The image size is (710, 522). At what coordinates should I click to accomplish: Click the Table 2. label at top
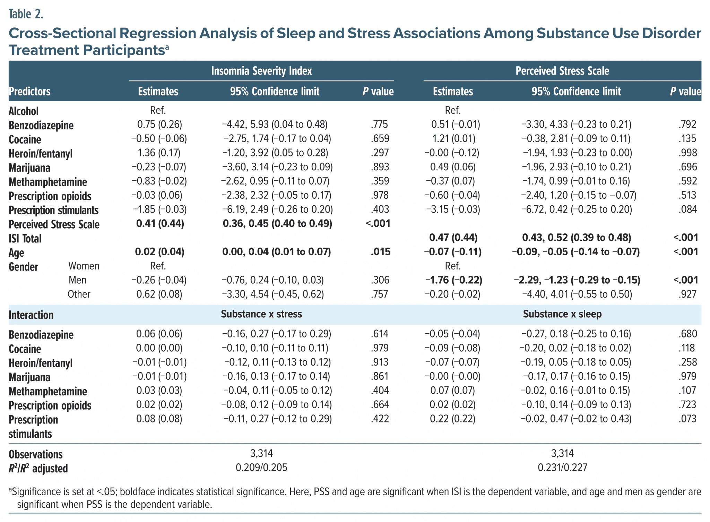26,14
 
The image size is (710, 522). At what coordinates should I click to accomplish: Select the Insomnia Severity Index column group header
261,71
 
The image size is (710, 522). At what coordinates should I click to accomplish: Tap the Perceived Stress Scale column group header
562,71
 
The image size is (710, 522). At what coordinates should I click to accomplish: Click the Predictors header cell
29,92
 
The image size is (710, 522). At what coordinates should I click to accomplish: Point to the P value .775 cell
379,124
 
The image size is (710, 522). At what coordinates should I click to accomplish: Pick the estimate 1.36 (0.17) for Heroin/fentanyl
159,153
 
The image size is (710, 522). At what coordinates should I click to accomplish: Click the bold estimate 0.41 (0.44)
160,224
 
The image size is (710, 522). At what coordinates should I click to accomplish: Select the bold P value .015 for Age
380,252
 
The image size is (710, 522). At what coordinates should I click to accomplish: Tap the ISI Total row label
25,239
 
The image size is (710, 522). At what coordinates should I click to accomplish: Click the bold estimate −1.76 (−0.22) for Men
453,280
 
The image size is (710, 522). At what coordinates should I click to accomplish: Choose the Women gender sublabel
84,266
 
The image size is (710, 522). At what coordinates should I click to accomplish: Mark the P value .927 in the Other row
687,294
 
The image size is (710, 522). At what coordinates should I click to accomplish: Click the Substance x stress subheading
261,314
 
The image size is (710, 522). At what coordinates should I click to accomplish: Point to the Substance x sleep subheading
562,314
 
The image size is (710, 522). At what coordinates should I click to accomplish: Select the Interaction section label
31,315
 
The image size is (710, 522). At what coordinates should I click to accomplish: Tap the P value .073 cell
687,419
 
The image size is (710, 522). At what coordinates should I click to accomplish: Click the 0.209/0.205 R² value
261,468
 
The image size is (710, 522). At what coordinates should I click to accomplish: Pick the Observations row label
35,454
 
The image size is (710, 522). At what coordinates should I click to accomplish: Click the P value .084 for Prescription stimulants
687,209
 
